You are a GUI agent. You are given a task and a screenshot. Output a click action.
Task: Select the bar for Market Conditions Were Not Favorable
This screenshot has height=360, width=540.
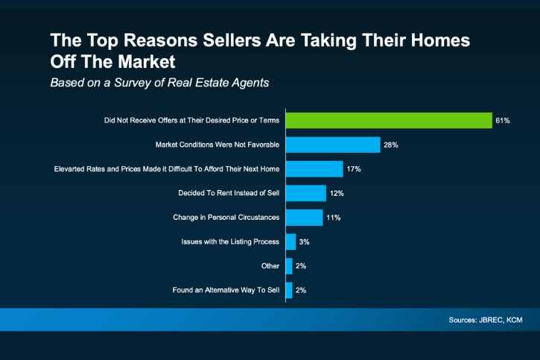pyautogui.click(x=333, y=145)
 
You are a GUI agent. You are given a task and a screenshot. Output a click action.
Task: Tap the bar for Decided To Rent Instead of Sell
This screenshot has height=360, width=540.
pyautogui.click(x=305, y=193)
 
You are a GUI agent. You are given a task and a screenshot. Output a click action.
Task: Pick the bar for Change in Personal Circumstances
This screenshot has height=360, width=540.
pyautogui.click(x=304, y=217)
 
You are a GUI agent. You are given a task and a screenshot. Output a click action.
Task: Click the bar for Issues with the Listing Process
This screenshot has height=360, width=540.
pyautogui.click(x=290, y=241)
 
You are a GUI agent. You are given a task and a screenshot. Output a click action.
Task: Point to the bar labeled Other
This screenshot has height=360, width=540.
pyautogui.click(x=289, y=266)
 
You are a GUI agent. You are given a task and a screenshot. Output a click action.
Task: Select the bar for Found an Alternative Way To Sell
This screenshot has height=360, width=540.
pyautogui.click(x=289, y=290)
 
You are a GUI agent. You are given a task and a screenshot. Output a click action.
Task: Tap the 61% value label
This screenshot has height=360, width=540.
pyautogui.click(x=503, y=121)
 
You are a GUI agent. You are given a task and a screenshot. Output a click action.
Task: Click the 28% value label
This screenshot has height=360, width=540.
pyautogui.click(x=391, y=145)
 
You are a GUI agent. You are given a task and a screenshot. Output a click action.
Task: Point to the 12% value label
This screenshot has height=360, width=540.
pyautogui.click(x=337, y=193)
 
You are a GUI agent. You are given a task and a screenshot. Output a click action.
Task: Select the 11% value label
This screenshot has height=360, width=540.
pyautogui.click(x=333, y=218)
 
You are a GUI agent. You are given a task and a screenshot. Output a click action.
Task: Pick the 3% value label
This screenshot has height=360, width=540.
pyautogui.click(x=304, y=241)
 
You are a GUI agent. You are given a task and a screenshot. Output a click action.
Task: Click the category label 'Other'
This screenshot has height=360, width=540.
pyautogui.click(x=270, y=266)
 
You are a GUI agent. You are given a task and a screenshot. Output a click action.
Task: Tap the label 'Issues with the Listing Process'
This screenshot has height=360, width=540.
pyautogui.click(x=230, y=241)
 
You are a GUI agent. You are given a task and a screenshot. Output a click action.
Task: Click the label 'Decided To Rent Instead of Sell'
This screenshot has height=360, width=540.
pyautogui.click(x=229, y=193)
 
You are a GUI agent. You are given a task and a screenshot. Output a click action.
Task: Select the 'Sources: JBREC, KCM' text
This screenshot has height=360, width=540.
pyautogui.click(x=484, y=320)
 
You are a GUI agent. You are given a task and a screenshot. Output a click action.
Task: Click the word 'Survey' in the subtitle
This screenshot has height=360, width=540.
pyautogui.click(x=137, y=82)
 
